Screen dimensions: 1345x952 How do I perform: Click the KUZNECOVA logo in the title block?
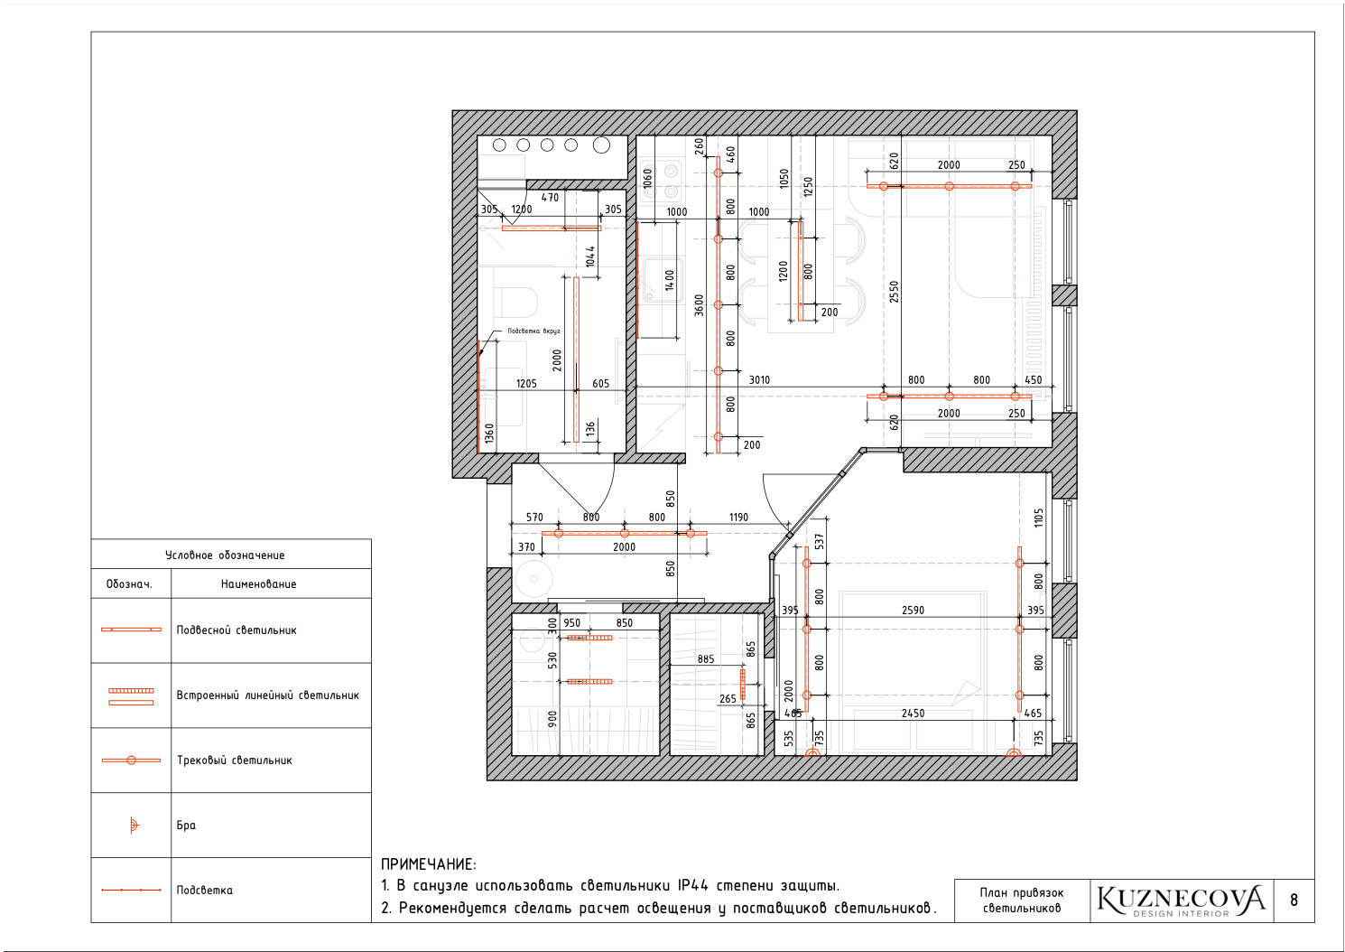1181,901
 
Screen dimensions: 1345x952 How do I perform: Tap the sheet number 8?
1294,900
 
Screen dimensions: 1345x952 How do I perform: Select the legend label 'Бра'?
186,825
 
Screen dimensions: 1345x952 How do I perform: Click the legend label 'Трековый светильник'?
234,760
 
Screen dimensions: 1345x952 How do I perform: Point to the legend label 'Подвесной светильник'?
237,630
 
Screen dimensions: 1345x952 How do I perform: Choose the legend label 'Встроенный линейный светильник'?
268,695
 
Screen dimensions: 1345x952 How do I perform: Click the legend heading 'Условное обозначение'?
225,555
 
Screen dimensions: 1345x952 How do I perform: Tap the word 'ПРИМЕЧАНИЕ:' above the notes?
429,864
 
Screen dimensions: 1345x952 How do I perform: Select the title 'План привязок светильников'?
1021,901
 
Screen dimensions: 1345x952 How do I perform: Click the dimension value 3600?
699,305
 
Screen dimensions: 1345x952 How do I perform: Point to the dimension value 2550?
894,292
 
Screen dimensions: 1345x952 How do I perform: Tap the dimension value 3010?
759,379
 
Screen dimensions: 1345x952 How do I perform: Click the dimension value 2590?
913,611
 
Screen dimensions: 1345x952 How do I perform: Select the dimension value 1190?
738,518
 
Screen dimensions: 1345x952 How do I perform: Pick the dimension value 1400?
670,280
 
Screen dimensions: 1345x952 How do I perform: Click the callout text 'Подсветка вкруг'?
533,331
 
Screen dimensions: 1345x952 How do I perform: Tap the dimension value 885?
706,658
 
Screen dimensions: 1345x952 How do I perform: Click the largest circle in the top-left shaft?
601,145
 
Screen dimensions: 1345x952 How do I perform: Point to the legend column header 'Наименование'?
258,583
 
